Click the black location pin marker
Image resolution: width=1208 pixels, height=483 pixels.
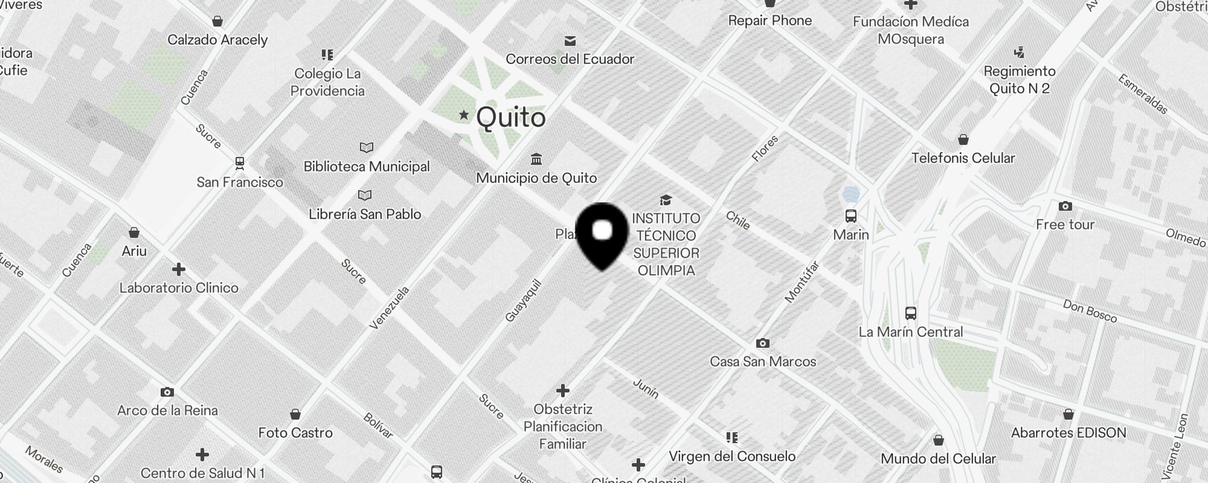(x=602, y=235)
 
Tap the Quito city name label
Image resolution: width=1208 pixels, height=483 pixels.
(x=511, y=118)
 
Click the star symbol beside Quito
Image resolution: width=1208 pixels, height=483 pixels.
(x=464, y=115)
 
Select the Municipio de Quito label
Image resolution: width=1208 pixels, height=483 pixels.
(x=536, y=178)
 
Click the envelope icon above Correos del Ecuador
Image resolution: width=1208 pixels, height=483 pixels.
(x=570, y=41)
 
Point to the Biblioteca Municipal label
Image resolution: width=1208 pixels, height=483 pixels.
(x=367, y=167)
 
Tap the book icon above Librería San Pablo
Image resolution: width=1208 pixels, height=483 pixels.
(x=365, y=196)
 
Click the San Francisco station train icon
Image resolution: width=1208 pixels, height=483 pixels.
(x=240, y=163)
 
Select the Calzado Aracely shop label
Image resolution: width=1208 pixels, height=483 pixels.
(x=217, y=40)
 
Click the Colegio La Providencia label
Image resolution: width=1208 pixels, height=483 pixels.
(x=328, y=83)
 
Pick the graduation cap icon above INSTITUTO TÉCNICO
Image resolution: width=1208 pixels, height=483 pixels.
(x=666, y=200)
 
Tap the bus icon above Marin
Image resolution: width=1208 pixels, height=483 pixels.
(x=851, y=216)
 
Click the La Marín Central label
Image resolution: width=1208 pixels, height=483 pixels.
(x=910, y=332)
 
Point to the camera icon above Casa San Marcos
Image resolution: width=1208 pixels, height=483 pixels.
(x=763, y=343)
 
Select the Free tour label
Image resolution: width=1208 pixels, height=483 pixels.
(x=1065, y=225)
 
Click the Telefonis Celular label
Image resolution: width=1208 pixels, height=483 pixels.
(x=963, y=158)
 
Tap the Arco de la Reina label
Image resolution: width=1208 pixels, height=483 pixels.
(x=167, y=411)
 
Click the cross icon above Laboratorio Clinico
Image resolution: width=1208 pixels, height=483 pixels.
(x=178, y=269)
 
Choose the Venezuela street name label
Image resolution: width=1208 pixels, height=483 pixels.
(x=390, y=308)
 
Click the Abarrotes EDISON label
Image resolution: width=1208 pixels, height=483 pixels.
(x=1068, y=433)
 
